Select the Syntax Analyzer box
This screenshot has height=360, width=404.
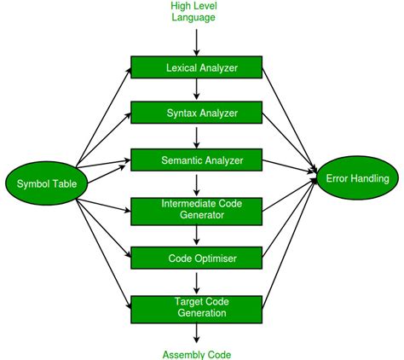pos(196,113)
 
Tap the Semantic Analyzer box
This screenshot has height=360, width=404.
pos(196,160)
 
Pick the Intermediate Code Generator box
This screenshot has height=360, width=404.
pos(196,209)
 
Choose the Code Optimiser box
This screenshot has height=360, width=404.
pos(196,257)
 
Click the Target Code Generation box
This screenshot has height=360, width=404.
pos(196,306)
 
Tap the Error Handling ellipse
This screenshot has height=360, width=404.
pos(357,178)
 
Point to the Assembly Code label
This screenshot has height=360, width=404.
pos(197,353)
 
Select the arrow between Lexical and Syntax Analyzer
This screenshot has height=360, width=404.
pos(196,89)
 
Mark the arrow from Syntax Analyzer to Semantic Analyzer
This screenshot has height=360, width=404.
pos(196,136)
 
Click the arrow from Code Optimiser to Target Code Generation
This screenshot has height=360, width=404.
pos(196,281)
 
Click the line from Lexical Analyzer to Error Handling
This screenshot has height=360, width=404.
pos(290,115)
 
